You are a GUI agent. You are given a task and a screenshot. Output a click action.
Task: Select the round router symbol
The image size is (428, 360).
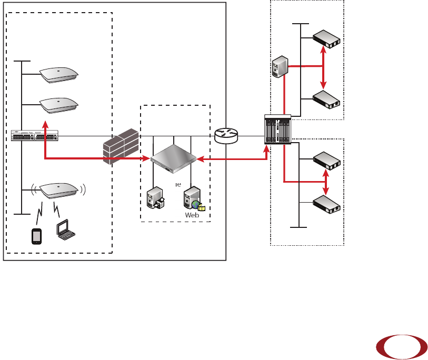pyautogui.click(x=226, y=136)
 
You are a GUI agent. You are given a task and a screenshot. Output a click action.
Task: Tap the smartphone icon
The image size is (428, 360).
pyautogui.click(x=36, y=236)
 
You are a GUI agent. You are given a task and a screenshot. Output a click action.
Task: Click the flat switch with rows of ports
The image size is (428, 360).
pyautogui.click(x=34, y=135)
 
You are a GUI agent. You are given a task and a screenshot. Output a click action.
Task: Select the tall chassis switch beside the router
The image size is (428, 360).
pyautogui.click(x=277, y=129)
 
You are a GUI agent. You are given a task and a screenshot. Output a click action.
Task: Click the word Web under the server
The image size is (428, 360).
pyautogui.click(x=191, y=215)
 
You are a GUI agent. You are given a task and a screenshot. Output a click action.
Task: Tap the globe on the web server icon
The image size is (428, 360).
pyautogui.click(x=196, y=204)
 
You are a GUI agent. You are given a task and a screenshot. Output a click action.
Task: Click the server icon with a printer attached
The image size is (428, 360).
pyautogui.click(x=155, y=198)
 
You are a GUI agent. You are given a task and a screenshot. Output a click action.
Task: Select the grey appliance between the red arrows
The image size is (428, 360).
pyautogui.click(x=172, y=159)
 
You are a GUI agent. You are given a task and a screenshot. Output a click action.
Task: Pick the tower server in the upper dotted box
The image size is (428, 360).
pyautogui.click(x=279, y=66)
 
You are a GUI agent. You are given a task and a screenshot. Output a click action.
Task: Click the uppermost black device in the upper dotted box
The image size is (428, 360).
pyautogui.click(x=326, y=39)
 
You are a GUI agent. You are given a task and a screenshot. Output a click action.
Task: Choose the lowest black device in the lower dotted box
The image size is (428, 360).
pyautogui.click(x=326, y=203)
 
